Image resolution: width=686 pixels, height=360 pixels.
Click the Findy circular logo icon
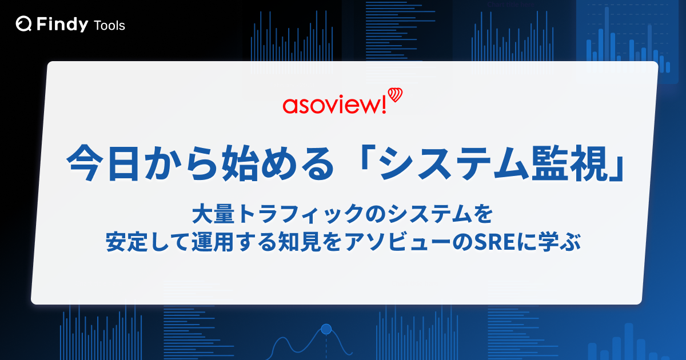[23, 24]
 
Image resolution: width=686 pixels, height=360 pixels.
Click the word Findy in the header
[62, 25]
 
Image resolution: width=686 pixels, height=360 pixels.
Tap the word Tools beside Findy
[110, 26]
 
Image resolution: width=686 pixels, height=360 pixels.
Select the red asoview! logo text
[334, 105]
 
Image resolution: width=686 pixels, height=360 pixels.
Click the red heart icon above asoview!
[395, 95]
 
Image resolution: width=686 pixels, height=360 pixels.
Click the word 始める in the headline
[277, 163]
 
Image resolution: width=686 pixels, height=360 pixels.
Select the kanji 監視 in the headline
[568, 163]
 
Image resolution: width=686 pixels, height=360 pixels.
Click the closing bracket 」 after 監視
[616, 169]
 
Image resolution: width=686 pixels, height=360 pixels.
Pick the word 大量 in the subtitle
[213, 214]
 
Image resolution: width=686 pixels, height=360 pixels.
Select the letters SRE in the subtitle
[494, 242]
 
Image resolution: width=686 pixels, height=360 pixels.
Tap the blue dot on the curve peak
[326, 329]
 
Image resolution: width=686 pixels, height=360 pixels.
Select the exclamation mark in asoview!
[383, 105]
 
